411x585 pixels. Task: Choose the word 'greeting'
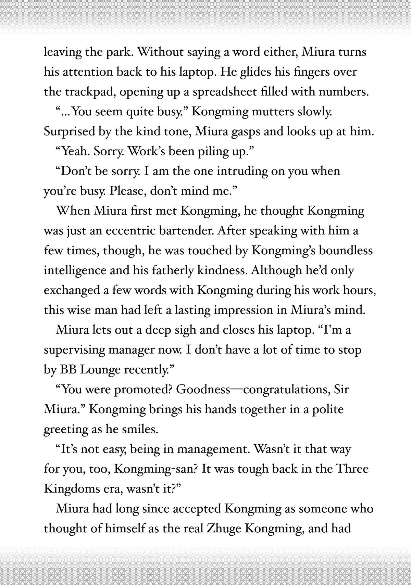pos(66,430)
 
